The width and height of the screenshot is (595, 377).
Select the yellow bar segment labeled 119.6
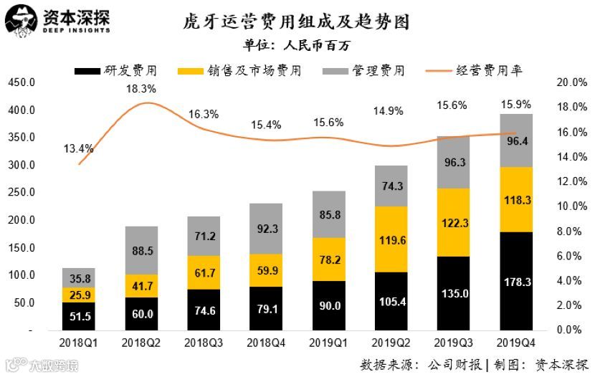coord(391,239)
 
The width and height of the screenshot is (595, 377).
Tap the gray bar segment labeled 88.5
coord(141,251)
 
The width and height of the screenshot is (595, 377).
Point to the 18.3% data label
coord(141,90)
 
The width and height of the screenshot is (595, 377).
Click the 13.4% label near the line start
coord(78,149)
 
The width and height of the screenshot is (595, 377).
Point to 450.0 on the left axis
coord(22,83)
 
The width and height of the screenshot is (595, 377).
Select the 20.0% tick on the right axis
coord(571,83)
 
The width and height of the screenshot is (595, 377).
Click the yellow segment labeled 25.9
coord(79,295)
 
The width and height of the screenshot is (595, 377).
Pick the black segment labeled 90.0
coord(329,306)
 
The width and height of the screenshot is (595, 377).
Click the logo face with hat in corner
coord(20,19)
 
